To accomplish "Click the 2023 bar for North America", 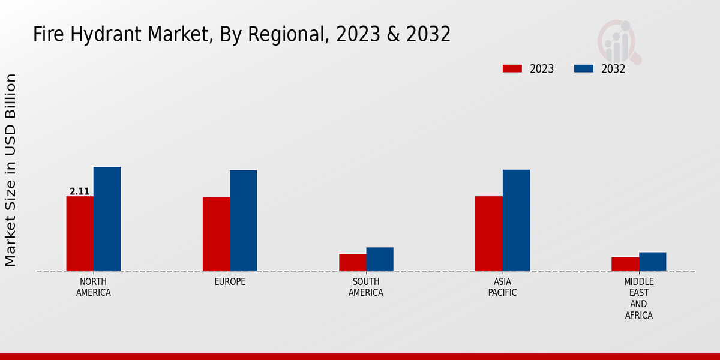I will tap(80, 233).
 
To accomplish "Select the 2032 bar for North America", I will tap(107, 219).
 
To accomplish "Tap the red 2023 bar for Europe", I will tap(216, 234).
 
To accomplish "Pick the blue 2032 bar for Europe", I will tap(243, 220).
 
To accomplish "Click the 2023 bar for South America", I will tap(352, 262).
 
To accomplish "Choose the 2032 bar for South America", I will tap(380, 259).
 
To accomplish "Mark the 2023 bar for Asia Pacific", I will tap(488, 233).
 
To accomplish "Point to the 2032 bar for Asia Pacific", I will tap(516, 220).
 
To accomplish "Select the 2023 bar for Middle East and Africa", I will tap(625, 264).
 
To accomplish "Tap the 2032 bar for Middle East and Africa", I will tap(652, 262).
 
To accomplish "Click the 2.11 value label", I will tap(80, 191).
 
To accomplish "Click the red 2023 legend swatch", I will tap(512, 68).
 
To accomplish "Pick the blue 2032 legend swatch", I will tap(584, 68).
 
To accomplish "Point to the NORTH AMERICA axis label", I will tap(94, 287).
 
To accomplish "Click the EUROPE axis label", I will tap(230, 282).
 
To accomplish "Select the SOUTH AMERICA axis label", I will tap(366, 287).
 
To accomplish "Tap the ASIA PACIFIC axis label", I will tap(502, 287).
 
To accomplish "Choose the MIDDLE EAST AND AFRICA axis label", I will tap(639, 298).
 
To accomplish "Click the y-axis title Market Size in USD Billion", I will tap(11, 170).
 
